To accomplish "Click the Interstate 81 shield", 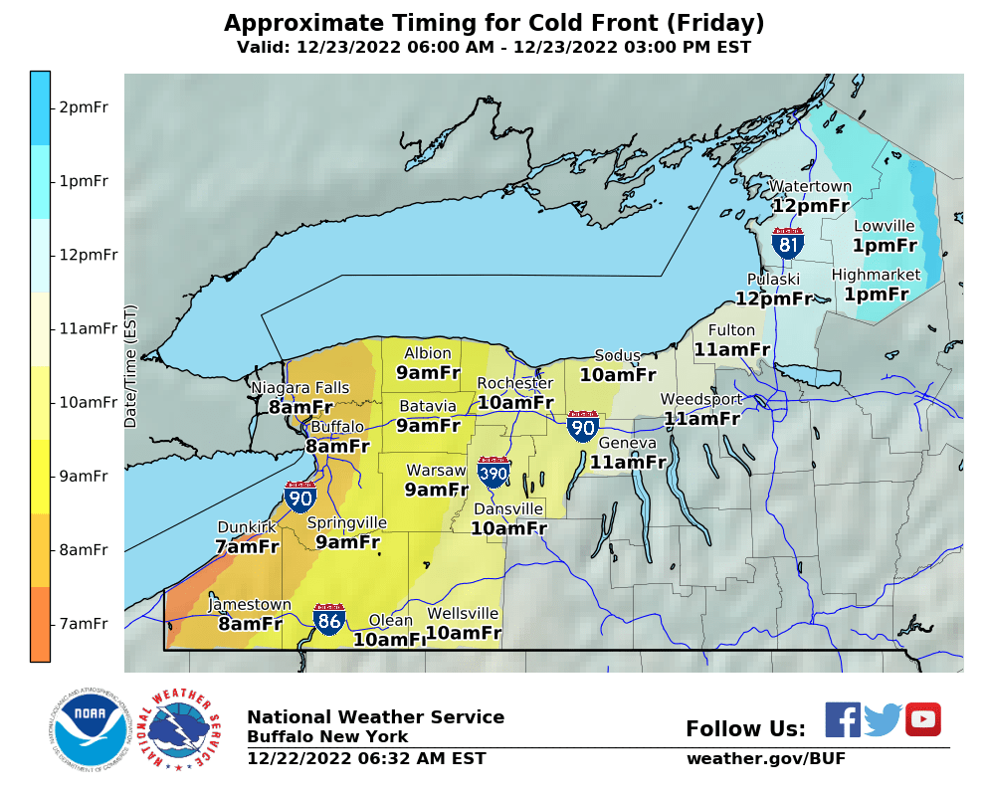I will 788,243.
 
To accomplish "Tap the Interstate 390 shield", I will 494,472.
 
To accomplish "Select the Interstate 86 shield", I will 330,620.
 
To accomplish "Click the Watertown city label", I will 811,186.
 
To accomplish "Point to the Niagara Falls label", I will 299,387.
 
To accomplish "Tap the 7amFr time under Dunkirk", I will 247,546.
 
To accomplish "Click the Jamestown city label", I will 250,604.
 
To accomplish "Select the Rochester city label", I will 514,383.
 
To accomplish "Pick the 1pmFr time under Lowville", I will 885,245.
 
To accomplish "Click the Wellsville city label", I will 463,613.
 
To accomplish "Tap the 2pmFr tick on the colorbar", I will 84,107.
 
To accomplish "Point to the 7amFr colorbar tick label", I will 84,624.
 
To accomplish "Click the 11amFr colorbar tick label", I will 88,328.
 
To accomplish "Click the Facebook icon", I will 843,719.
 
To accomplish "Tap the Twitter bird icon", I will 883,719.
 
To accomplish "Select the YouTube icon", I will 922,719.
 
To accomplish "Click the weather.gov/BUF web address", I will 766,759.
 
